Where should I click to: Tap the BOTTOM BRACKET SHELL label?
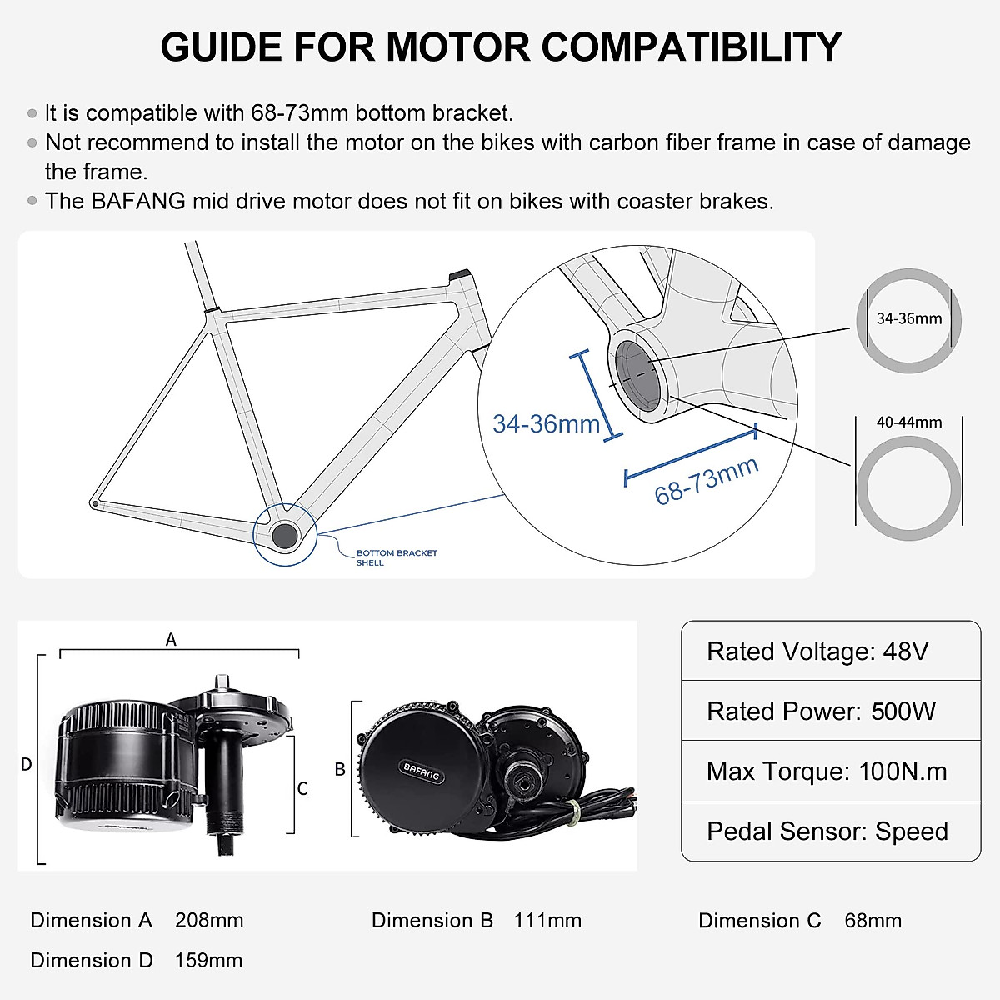396,557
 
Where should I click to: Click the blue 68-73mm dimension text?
706,481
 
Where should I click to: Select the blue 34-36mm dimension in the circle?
546,423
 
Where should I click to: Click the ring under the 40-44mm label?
908,533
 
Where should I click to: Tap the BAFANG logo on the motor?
421,772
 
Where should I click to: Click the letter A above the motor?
171,640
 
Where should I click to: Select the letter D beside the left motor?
26,764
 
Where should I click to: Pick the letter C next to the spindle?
302,788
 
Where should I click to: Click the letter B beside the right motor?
340,769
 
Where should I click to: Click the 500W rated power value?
903,712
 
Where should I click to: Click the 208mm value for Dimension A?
209,921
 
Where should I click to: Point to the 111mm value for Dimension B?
547,921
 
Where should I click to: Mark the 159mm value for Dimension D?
208,961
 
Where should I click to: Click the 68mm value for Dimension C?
872,921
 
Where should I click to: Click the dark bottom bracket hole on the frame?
284,535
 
